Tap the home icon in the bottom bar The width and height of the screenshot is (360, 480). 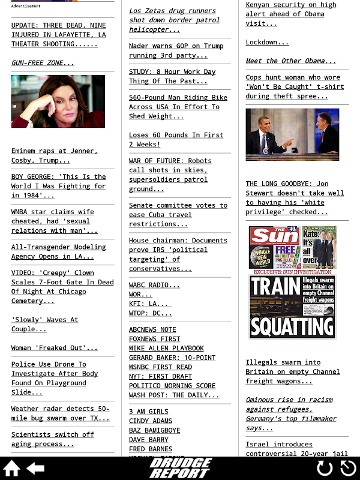coord(12,469)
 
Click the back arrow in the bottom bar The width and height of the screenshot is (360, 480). coord(35,469)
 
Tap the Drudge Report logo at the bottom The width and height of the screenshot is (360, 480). coord(180,468)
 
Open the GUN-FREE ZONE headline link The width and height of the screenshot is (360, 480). coord(43,62)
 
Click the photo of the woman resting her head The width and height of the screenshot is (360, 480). coord(58,101)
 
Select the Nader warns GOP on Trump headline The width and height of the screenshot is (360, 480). coord(176,50)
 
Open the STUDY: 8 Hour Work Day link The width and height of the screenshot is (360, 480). coord(172,76)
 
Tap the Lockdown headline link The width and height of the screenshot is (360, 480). coord(266,42)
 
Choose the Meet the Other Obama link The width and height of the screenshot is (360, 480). coord(290,61)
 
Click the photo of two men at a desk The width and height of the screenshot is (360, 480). coord(292,134)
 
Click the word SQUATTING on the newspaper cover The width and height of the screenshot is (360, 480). coord(292,326)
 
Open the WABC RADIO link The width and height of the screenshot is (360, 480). coord(154,285)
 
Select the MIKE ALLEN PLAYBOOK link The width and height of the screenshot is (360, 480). coord(166,348)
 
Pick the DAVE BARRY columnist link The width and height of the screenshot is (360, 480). coord(149,439)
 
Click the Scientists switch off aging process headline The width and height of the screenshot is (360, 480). coord(53,439)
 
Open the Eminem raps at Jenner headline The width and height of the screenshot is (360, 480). coord(54,155)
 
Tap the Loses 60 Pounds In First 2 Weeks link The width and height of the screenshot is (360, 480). coord(176,139)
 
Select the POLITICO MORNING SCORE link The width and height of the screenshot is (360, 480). coord(172,386)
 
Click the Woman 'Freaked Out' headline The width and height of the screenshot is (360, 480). coord(54,347)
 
